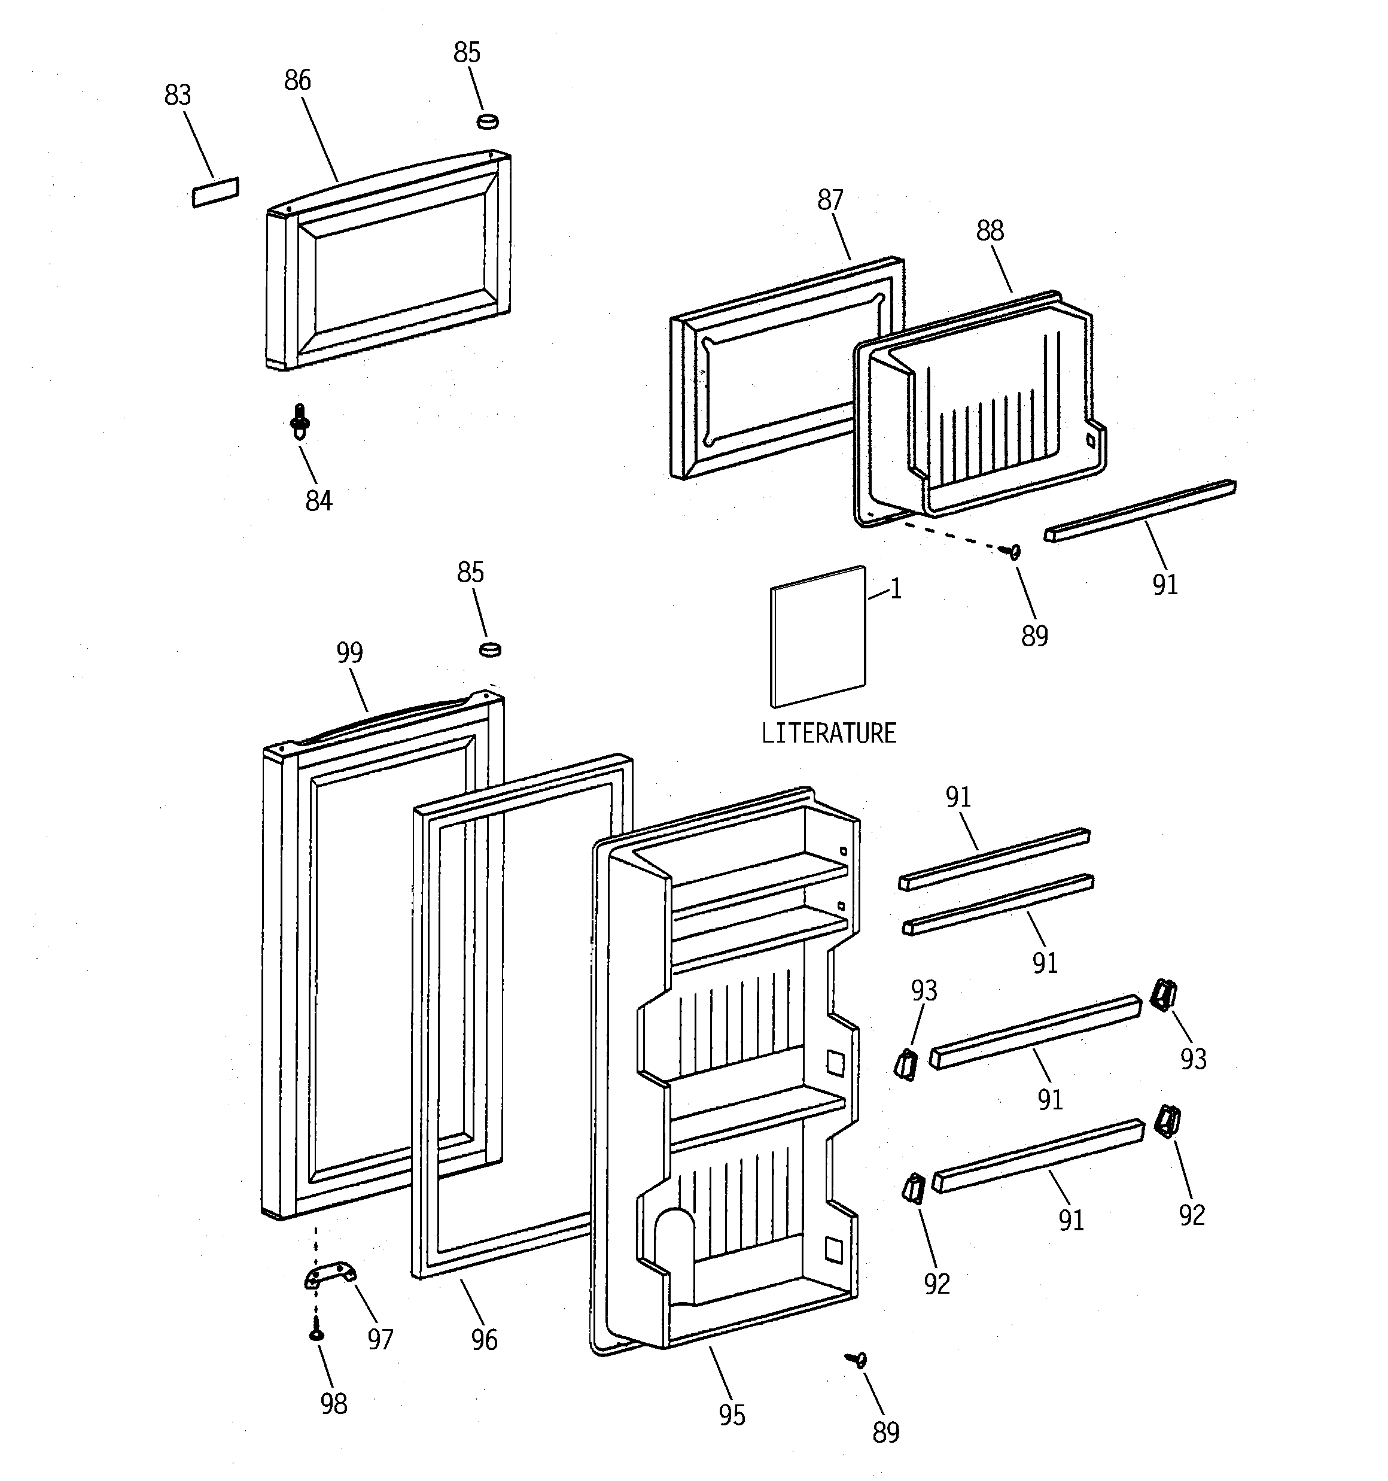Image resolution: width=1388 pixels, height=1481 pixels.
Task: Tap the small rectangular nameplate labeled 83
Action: coord(215,192)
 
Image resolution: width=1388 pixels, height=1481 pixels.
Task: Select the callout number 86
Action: coord(297,80)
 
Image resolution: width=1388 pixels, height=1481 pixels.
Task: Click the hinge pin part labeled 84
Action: coord(300,422)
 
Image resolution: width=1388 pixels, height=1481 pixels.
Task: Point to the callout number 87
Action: coord(830,200)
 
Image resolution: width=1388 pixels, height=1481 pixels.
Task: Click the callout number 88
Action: coord(990,231)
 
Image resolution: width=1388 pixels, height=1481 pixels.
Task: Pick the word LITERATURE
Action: coord(829,734)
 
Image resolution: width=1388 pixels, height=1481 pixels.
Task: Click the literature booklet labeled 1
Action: coord(818,637)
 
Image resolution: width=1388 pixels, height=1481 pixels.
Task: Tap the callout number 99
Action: coord(349,653)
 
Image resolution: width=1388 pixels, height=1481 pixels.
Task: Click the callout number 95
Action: coord(732,1415)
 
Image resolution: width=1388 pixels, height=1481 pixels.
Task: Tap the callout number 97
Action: coord(380,1339)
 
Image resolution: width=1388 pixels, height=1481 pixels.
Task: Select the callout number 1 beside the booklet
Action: coord(896,589)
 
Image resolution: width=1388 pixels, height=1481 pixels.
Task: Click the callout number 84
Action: coord(318,501)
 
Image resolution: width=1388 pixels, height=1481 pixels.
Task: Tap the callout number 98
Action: coord(334,1404)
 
